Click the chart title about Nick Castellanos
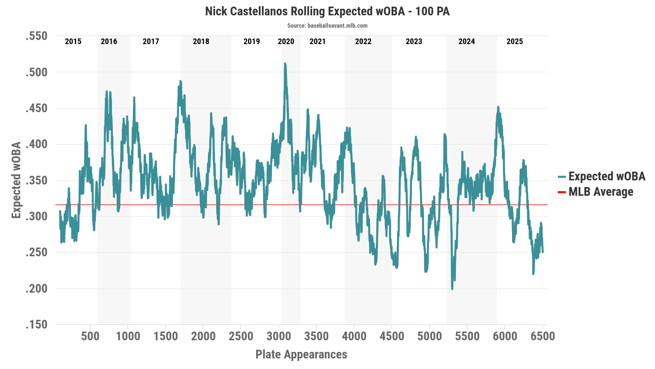pos(327,11)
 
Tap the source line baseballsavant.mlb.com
pos(327,26)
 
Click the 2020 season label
pos(286,42)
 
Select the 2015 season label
pos(73,42)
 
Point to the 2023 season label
pos(414,42)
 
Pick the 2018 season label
pos(201,42)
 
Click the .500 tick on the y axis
pos(36,72)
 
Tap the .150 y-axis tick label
pos(36,325)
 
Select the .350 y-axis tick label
pos(36,180)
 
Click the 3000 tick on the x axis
pos(279,336)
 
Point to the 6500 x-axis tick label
pos(543,336)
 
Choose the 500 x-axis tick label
pos(90,336)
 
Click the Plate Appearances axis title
pos(301,354)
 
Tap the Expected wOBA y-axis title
pos(16,180)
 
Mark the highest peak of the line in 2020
pos(285,64)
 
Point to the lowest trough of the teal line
pos(452,289)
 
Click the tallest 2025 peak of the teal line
pos(498,107)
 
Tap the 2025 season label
pos(515,42)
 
